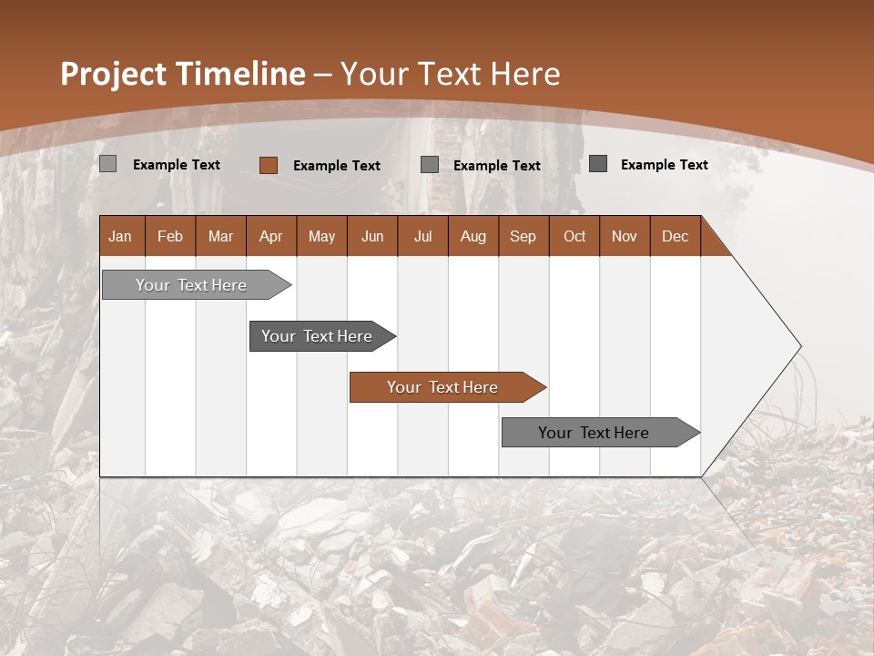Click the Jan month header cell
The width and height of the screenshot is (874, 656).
click(121, 236)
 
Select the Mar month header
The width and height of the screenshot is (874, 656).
click(220, 236)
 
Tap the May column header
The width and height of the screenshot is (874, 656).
click(321, 236)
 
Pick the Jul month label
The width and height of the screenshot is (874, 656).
click(422, 236)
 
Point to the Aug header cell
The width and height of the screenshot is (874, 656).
click(473, 236)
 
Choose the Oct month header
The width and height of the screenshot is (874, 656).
click(574, 236)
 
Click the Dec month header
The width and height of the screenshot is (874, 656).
click(675, 236)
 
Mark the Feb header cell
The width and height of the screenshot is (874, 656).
click(170, 236)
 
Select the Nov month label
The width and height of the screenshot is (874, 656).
click(624, 236)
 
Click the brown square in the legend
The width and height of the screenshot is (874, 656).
click(269, 165)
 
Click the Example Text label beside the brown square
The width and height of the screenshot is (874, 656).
click(336, 166)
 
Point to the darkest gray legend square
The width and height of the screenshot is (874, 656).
click(598, 164)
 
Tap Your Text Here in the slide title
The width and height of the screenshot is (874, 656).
click(450, 74)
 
